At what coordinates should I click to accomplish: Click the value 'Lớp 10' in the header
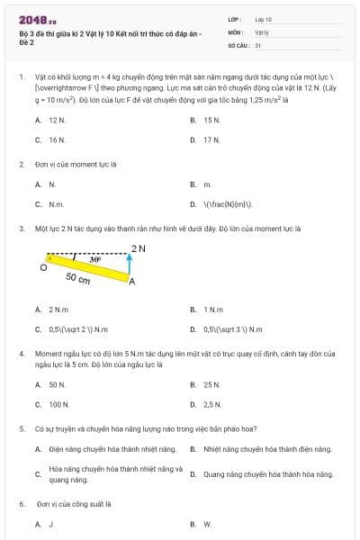[x=263, y=19]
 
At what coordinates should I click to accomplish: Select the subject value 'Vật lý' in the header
[x=262, y=31]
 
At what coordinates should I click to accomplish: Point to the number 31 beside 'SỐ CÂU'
[x=258, y=44]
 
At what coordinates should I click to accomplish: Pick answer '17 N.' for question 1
[x=212, y=140]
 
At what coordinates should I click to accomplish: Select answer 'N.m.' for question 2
[x=57, y=204]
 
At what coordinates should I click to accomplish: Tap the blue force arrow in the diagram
[x=131, y=265]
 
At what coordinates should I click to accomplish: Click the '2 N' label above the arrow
[x=138, y=248]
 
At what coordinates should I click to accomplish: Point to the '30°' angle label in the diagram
[x=95, y=259]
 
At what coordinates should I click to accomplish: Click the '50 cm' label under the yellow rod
[x=78, y=279]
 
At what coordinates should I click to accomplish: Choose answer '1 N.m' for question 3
[x=213, y=310]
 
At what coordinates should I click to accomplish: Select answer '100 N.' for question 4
[x=59, y=405]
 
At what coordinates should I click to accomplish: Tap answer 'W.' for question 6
[x=207, y=524]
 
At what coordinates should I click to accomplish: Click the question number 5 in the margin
[x=22, y=429]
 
